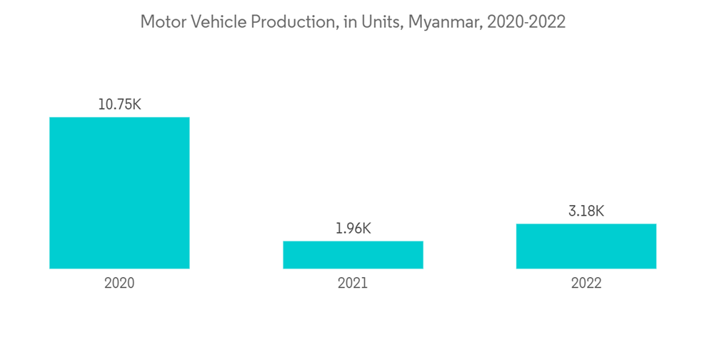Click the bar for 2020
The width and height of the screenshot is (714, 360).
point(119,193)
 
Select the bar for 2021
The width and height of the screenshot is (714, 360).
point(353,255)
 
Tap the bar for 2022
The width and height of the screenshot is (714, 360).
point(586,246)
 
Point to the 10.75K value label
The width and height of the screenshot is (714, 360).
point(119,104)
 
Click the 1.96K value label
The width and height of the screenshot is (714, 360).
point(353,229)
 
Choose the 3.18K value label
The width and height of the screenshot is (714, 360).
point(586,211)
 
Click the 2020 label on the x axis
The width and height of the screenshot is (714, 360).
point(119,284)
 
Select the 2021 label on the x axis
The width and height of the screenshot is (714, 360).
point(353,284)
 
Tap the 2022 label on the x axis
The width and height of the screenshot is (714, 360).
point(586,284)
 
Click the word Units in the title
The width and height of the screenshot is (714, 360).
point(383,22)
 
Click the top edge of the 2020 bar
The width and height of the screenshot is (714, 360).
point(119,118)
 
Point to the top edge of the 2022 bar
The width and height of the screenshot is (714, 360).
point(586,224)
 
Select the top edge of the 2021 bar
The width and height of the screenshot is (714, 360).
point(353,241)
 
